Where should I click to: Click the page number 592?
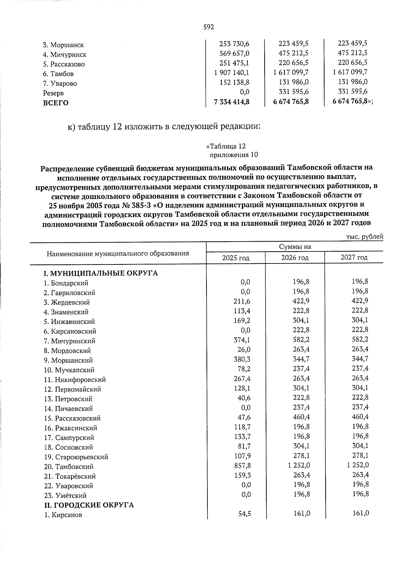[208, 27]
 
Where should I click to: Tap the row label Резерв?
[53, 93]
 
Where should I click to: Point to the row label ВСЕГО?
[56, 103]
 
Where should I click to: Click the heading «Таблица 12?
[226, 146]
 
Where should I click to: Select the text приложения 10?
[234, 155]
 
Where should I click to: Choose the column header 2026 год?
[295, 258]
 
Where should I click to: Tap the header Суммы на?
[295, 247]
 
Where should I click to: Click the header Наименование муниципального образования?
[118, 254]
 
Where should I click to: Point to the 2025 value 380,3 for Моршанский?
[242, 359]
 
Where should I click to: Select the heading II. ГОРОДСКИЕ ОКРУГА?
[89, 505]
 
